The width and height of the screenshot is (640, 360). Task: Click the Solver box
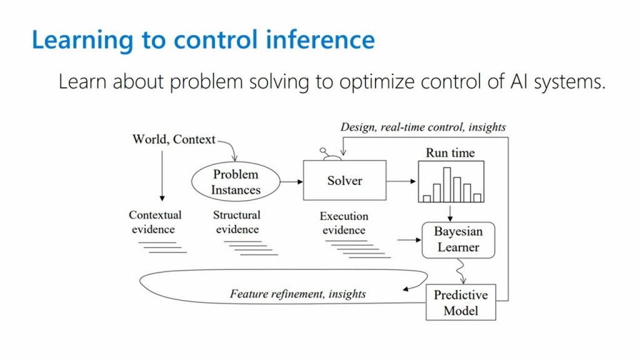click(x=344, y=181)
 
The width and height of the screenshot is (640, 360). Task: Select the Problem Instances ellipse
click(x=235, y=181)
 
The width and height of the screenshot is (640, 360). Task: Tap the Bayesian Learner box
click(x=458, y=239)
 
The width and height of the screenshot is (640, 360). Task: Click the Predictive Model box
click(x=461, y=302)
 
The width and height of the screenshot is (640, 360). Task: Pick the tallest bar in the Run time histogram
click(x=447, y=184)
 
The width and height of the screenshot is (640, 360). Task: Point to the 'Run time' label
click(x=450, y=153)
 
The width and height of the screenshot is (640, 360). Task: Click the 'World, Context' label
click(x=174, y=139)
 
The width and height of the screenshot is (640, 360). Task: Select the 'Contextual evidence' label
click(x=155, y=222)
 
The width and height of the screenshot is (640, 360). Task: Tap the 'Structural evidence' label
click(x=236, y=222)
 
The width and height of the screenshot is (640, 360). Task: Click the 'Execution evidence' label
click(x=344, y=223)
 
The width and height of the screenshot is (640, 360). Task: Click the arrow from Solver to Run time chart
click(x=401, y=181)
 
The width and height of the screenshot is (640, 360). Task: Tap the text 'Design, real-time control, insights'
click(x=423, y=127)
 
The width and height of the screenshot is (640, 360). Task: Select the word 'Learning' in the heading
click(x=82, y=41)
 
